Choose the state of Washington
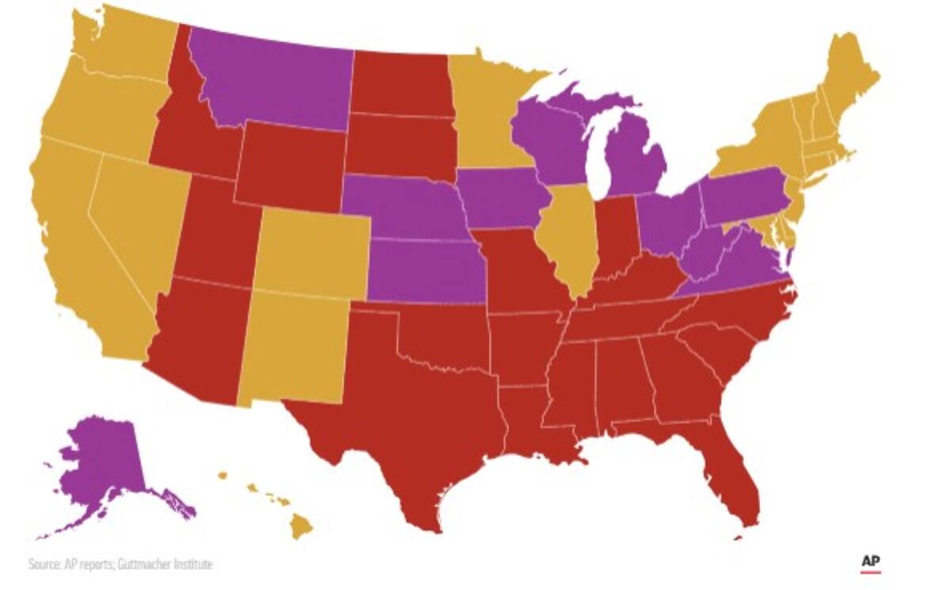click(x=119, y=48)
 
